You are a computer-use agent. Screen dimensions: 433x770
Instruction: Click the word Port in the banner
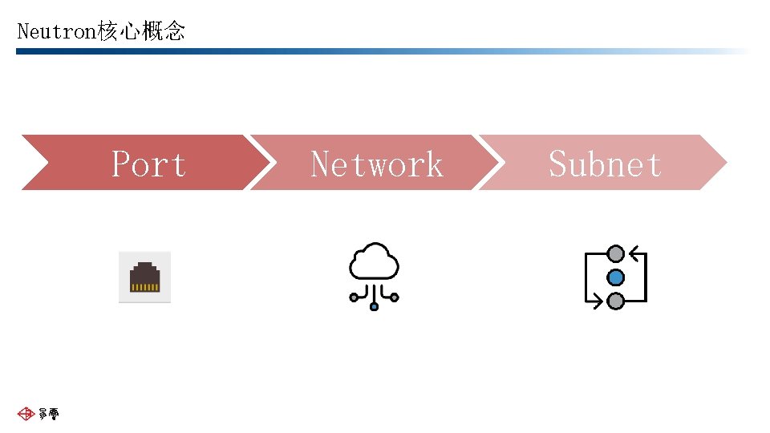tap(148, 164)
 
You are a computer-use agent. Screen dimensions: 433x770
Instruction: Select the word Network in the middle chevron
tap(376, 164)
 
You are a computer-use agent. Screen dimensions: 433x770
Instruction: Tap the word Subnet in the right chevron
tap(605, 164)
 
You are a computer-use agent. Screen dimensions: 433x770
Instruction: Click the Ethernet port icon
tap(145, 277)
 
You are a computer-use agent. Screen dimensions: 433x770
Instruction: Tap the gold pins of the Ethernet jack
tap(145, 286)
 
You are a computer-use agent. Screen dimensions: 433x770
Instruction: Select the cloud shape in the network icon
tap(374, 262)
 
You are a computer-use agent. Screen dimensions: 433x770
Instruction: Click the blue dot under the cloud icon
tap(374, 306)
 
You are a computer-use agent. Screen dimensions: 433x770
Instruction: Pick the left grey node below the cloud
tap(354, 297)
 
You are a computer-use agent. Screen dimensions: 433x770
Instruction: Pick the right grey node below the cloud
tap(395, 297)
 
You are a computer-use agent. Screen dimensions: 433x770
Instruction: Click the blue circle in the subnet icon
tap(615, 277)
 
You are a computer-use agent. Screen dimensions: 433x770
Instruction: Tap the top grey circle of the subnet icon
tap(615, 254)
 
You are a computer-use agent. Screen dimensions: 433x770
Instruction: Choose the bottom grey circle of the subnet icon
tap(615, 301)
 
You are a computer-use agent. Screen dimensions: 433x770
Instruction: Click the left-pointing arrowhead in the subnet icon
tap(634, 255)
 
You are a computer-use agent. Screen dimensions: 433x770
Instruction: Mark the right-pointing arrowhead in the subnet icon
tap(598, 301)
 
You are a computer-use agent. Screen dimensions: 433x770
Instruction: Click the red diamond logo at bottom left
tap(26, 414)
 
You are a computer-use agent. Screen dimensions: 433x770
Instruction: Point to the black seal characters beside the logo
tap(48, 414)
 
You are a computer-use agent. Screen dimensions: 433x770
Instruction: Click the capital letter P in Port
tap(121, 164)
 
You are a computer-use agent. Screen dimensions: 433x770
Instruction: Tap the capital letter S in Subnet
tap(558, 164)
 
